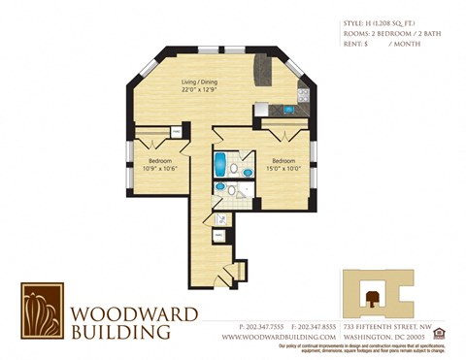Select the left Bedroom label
coord(160,160)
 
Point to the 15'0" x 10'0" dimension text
coord(283,169)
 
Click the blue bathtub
coord(220,161)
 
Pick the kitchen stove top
coord(303,94)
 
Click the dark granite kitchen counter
coord(261,70)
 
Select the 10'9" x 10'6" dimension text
coord(160,169)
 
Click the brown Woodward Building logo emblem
coord(42,311)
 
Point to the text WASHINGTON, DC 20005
coord(386,337)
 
